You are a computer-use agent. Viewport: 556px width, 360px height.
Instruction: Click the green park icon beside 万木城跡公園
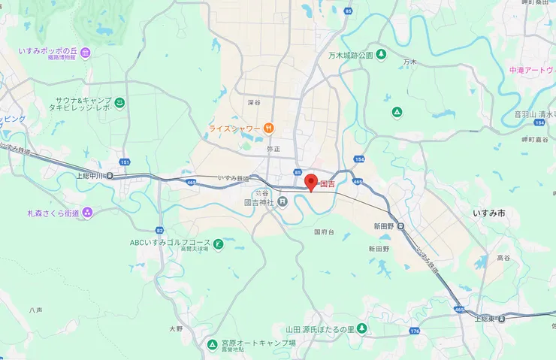coord(381,55)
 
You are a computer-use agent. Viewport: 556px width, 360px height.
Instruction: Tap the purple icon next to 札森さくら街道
coord(88,213)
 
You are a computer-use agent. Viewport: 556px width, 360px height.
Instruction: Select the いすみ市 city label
coord(489,214)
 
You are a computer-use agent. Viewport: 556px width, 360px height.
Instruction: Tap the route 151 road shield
coord(124,162)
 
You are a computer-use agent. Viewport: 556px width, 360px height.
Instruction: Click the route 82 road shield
coord(159,230)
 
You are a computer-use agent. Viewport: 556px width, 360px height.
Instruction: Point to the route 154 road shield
coord(359,160)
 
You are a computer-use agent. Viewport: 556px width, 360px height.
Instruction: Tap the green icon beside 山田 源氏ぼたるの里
coord(361,328)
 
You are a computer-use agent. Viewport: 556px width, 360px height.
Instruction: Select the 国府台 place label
coord(325,231)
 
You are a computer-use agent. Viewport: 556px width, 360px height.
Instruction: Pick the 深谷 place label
coord(253,102)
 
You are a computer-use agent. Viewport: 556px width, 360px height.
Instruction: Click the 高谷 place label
coord(503,258)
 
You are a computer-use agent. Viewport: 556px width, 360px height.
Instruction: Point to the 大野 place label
coord(176,328)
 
